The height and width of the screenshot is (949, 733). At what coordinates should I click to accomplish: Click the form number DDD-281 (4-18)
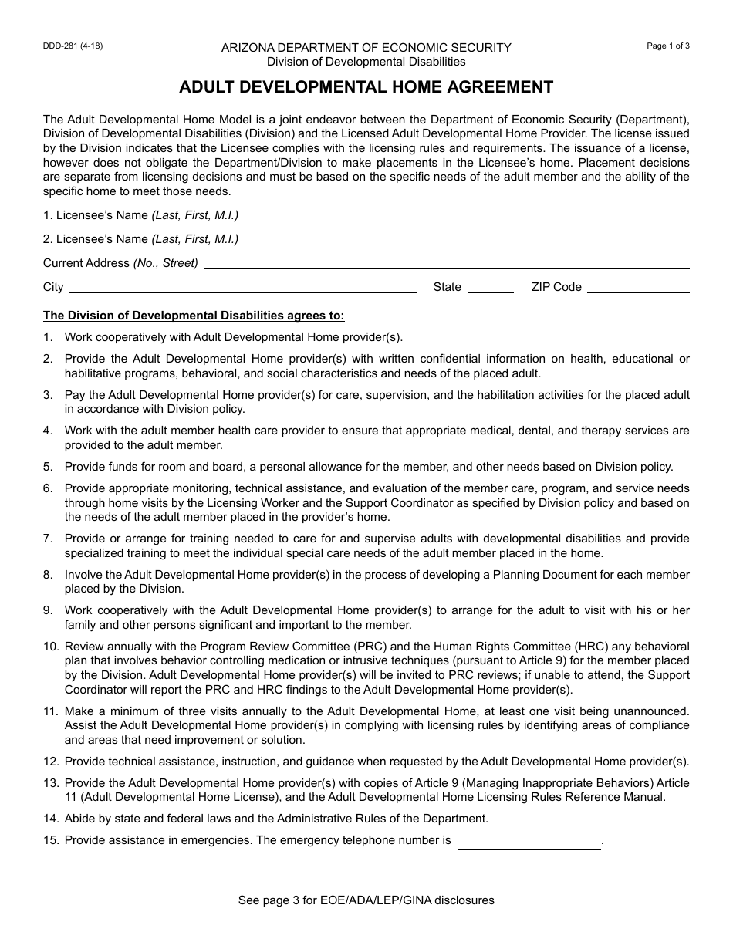pyautogui.click(x=73, y=46)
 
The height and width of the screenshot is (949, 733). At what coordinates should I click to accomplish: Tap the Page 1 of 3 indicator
pyautogui.click(x=668, y=46)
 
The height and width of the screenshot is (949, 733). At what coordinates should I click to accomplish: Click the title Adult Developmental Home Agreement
pyautogui.click(x=366, y=87)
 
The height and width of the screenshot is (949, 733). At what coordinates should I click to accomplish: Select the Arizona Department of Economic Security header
pyautogui.click(x=366, y=48)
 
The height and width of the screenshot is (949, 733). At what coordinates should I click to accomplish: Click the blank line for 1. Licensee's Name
pyautogui.click(x=467, y=216)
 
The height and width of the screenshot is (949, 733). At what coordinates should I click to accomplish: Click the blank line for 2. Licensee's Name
pyautogui.click(x=467, y=240)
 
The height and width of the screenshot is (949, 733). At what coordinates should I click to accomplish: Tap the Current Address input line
pyautogui.click(x=446, y=264)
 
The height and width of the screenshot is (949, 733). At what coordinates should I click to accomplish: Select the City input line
pyautogui.click(x=243, y=288)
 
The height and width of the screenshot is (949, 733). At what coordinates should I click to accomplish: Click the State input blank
pyautogui.click(x=491, y=288)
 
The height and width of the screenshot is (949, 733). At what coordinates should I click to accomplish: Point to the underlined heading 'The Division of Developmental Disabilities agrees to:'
pyautogui.click(x=194, y=316)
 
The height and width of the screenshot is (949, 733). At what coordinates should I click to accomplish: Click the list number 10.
pyautogui.click(x=51, y=647)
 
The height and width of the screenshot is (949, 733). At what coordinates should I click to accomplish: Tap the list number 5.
pyautogui.click(x=48, y=467)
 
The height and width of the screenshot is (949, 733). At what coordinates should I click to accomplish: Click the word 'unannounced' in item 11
pyautogui.click(x=653, y=711)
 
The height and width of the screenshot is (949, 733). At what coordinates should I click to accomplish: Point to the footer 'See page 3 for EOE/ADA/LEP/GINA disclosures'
pyautogui.click(x=366, y=900)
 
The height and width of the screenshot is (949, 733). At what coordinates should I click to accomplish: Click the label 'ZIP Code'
pyautogui.click(x=556, y=287)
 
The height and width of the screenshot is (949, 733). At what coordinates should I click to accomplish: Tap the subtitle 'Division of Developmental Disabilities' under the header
pyautogui.click(x=366, y=62)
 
